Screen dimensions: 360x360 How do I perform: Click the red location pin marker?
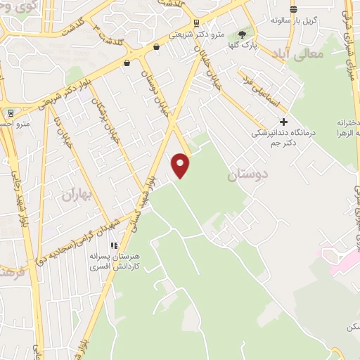pos(181,165)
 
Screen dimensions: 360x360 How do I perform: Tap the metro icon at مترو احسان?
pos(11,112)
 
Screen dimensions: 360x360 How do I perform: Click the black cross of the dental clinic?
pos(283,121)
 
